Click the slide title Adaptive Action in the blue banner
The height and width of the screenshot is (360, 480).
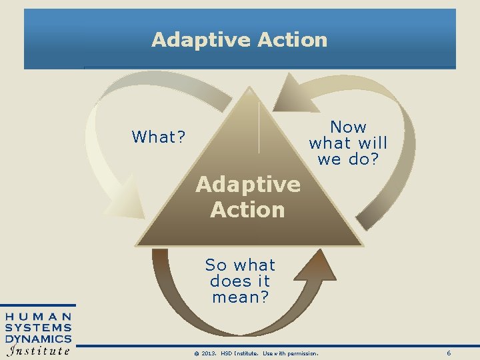click(x=239, y=40)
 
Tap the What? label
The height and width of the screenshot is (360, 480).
click(x=159, y=137)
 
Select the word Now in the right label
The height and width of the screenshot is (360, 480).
click(x=348, y=127)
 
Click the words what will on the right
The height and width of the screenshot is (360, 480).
click(x=347, y=143)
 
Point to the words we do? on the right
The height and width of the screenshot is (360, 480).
click(x=347, y=159)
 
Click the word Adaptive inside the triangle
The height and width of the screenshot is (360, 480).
click(x=247, y=184)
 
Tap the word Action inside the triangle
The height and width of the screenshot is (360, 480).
click(x=247, y=210)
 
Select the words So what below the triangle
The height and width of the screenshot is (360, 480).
click(x=240, y=265)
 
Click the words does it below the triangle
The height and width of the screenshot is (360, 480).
click(x=240, y=281)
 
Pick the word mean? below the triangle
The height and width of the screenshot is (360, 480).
click(x=241, y=297)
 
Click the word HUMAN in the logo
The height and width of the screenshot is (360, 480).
click(x=39, y=316)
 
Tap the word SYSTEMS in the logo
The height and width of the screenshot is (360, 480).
click(x=39, y=327)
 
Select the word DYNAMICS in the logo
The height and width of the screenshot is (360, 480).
click(x=39, y=339)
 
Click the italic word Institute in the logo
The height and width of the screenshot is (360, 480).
click(x=39, y=351)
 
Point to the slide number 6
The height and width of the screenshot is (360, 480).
click(x=449, y=353)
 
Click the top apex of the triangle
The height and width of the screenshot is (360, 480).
click(x=249, y=88)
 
